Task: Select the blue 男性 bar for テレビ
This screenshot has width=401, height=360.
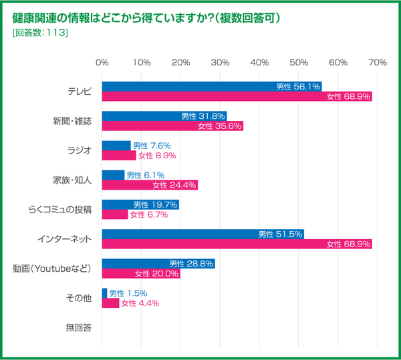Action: pyautogui.click(x=212, y=86)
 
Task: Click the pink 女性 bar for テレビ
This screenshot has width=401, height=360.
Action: pyautogui.click(x=237, y=97)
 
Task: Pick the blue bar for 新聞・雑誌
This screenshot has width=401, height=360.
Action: pyautogui.click(x=164, y=116)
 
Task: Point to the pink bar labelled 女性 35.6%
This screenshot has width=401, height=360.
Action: pyautogui.click(x=172, y=126)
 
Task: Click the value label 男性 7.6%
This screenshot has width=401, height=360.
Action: pyautogui.click(x=152, y=145)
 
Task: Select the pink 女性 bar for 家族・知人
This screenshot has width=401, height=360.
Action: pyautogui.click(x=150, y=185)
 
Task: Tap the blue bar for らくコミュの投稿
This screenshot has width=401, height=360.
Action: pyautogui.click(x=140, y=204)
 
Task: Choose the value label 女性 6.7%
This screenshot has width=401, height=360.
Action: pyautogui.click(x=148, y=215)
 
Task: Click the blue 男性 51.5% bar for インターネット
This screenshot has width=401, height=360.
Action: pyautogui.click(x=203, y=234)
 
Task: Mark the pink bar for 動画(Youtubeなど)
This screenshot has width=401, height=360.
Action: pyautogui.click(x=141, y=274)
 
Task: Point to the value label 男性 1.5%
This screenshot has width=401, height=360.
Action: pyautogui.click(x=128, y=293)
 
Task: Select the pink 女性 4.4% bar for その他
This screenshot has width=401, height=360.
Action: pyautogui.click(x=110, y=303)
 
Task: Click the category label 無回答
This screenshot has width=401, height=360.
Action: pyautogui.click(x=79, y=327)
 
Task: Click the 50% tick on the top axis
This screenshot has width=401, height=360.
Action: pyautogui.click(x=299, y=62)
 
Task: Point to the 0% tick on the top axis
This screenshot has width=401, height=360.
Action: pyautogui.click(x=102, y=62)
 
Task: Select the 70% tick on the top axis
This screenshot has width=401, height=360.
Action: pyautogui.click(x=378, y=62)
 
